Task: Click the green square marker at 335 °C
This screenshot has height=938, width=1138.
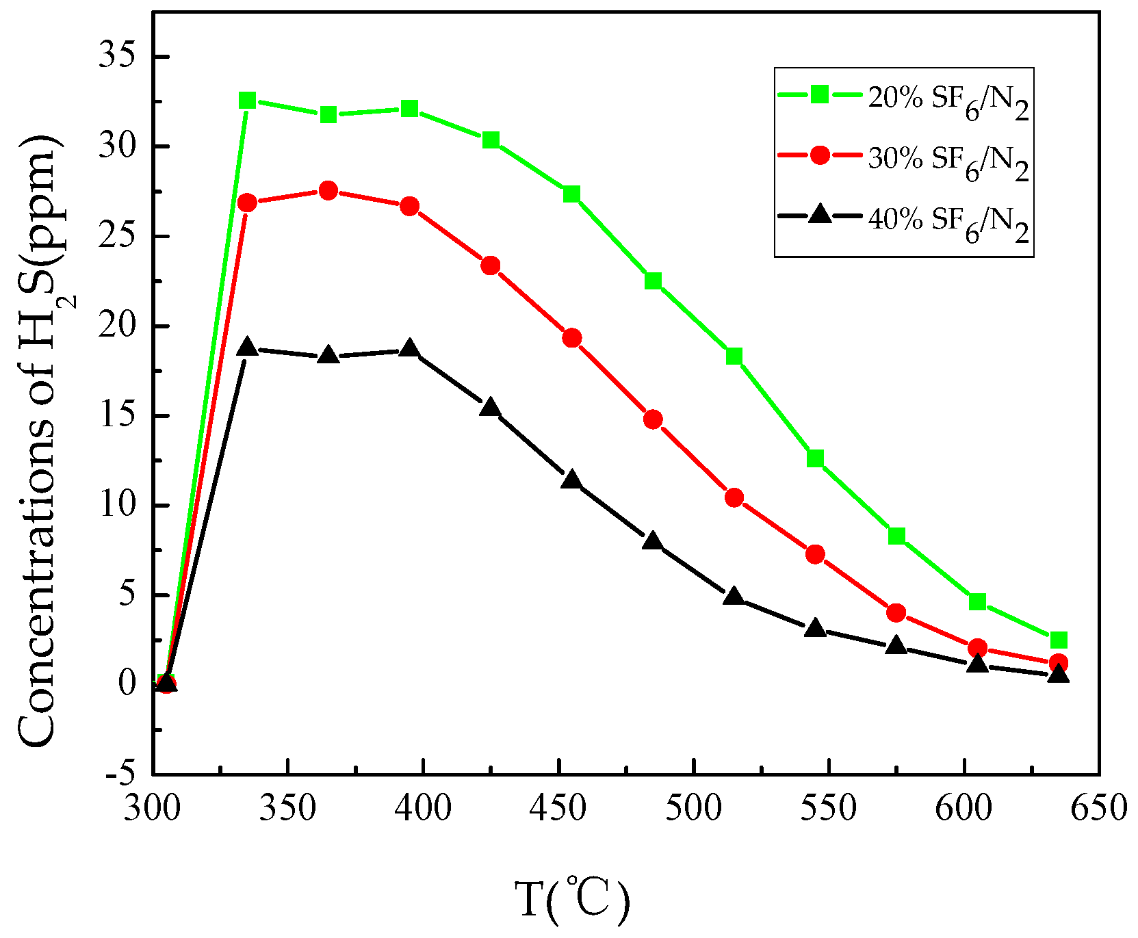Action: [x=247, y=101]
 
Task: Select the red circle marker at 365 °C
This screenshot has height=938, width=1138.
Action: [x=328, y=190]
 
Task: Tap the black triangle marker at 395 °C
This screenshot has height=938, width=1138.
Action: [x=409, y=349]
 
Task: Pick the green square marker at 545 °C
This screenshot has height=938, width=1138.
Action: [x=814, y=458]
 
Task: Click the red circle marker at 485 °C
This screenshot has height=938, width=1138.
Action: [x=653, y=419]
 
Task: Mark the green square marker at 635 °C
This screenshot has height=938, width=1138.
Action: [x=1058, y=640]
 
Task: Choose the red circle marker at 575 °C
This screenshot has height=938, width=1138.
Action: [x=896, y=612]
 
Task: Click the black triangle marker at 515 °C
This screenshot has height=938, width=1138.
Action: [x=734, y=597]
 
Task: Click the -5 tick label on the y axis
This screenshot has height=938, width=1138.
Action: [x=121, y=774]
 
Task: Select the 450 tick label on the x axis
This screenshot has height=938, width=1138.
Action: [x=559, y=808]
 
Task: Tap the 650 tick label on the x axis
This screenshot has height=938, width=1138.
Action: [x=1099, y=808]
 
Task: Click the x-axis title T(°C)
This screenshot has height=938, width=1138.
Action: [x=572, y=900]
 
